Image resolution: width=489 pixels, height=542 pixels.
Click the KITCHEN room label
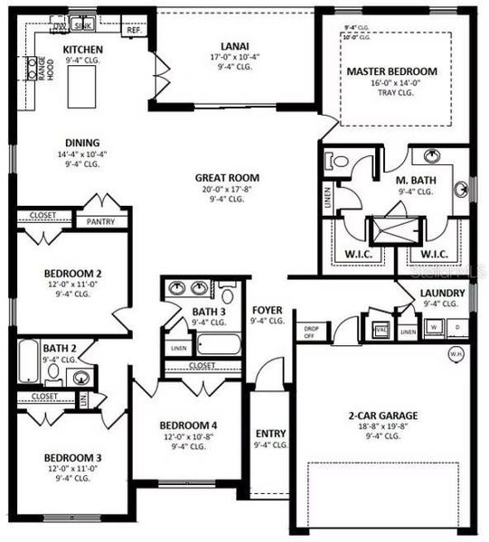pyautogui.click(x=82, y=49)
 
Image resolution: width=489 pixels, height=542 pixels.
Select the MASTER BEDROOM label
pyautogui.click(x=392, y=71)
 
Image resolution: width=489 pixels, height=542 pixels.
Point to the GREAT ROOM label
pyautogui.click(x=227, y=178)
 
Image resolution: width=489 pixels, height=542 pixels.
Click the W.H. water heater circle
pyautogui.click(x=454, y=354)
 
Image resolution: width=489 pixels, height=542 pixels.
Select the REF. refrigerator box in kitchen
pyautogui.click(x=134, y=30)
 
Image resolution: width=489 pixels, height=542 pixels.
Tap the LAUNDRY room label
pyautogui.click(x=442, y=294)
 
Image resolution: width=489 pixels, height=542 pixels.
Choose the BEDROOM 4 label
pyautogui.click(x=188, y=425)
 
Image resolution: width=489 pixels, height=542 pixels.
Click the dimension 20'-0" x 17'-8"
pyautogui.click(x=227, y=189)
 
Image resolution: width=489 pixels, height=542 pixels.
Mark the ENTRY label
pyautogui.click(x=271, y=434)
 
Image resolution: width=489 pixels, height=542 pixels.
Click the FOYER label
pyautogui.click(x=268, y=310)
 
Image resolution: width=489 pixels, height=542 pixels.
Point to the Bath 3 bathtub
pyautogui.click(x=218, y=345)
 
